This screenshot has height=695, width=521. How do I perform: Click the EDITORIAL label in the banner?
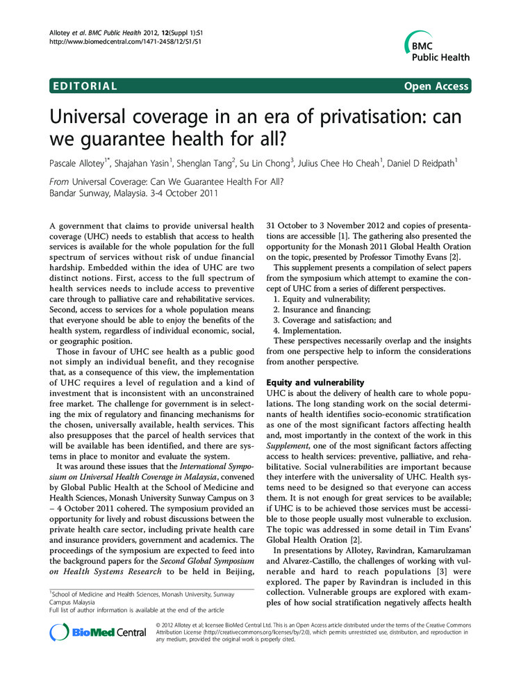point(84,86)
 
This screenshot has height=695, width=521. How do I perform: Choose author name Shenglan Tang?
point(204,164)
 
